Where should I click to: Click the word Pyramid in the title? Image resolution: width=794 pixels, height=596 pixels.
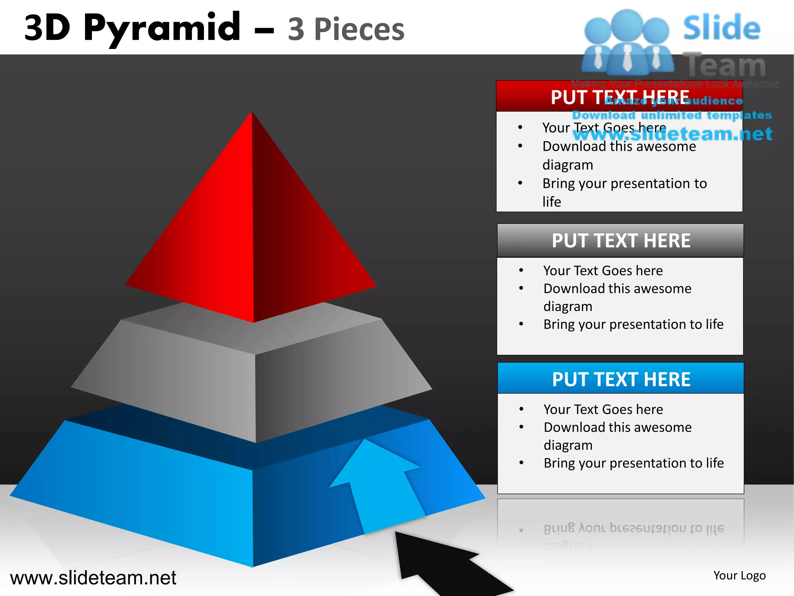tap(162, 28)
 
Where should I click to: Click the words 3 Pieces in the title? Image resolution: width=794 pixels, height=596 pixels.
tap(346, 29)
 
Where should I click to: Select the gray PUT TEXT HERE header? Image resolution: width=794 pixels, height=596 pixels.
tap(621, 241)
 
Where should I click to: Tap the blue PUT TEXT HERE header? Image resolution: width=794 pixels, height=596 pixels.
tap(621, 379)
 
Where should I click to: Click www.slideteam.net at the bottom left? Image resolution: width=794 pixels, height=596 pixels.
tap(93, 578)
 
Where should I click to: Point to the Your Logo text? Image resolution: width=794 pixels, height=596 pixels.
tap(739, 575)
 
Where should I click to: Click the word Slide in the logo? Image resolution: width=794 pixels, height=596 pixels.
tap(721, 28)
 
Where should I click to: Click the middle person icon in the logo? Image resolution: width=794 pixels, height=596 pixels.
tap(627, 43)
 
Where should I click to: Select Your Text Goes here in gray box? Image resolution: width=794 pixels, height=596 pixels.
tap(603, 270)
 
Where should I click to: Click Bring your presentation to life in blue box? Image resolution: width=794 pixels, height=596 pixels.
tap(633, 463)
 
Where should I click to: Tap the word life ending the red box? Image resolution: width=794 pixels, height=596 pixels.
tap(551, 202)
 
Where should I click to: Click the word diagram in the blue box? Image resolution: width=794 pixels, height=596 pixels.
tap(568, 445)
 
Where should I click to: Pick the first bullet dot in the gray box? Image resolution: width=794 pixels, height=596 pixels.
tap(521, 270)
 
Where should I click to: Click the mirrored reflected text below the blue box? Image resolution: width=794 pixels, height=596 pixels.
tap(633, 528)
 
